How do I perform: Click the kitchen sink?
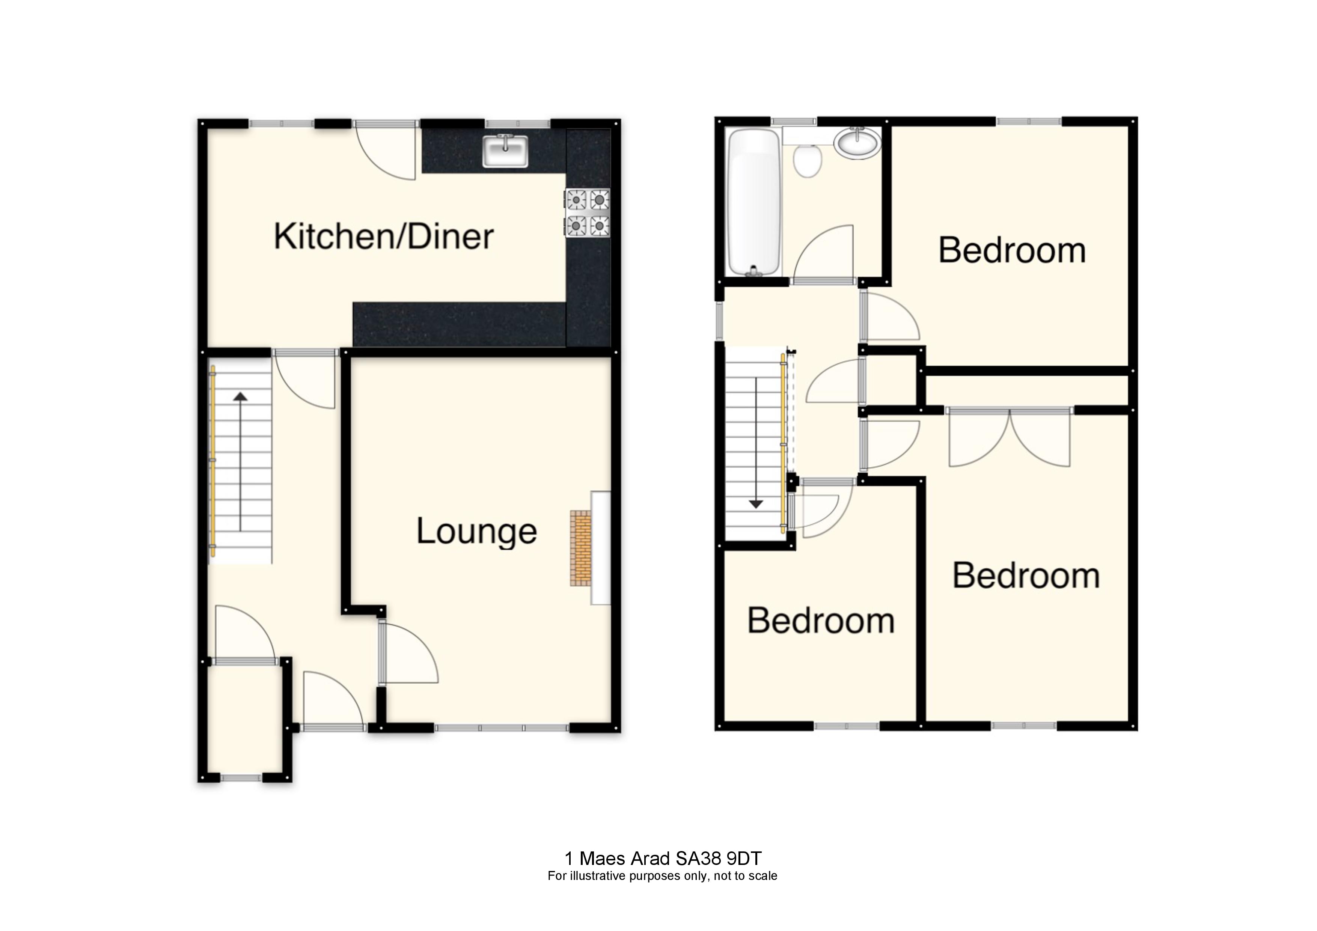point(505,151)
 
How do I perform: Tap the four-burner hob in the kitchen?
point(588,213)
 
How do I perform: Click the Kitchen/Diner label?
point(384,237)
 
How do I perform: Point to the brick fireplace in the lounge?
point(580,547)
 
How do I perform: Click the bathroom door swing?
point(823,255)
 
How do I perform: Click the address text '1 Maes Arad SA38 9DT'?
point(663,874)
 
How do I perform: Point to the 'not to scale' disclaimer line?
point(663,892)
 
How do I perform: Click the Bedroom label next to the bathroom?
point(1012,251)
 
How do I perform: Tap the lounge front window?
point(502,728)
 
